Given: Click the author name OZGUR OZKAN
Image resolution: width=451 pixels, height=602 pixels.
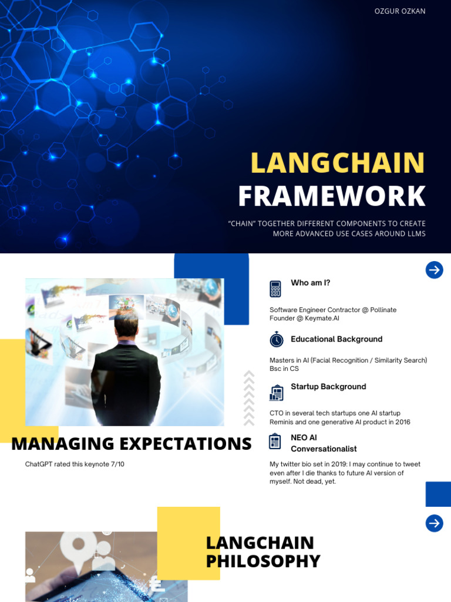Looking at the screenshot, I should pyautogui.click(x=400, y=11).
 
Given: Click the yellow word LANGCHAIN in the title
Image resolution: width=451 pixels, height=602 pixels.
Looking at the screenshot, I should pyautogui.click(x=338, y=163).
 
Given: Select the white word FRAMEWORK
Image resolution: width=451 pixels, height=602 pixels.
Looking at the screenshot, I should pyautogui.click(x=332, y=196).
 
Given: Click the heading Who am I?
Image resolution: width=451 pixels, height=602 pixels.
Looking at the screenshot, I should pyautogui.click(x=310, y=283).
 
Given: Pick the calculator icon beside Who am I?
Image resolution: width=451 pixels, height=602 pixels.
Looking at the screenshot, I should pyautogui.click(x=275, y=289).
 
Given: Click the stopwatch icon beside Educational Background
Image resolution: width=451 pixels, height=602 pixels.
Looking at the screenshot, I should pyautogui.click(x=276, y=339).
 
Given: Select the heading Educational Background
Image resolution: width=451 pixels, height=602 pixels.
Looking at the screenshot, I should pyautogui.click(x=336, y=339).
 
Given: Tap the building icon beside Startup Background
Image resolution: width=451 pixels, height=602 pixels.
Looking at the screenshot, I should pyautogui.click(x=276, y=392).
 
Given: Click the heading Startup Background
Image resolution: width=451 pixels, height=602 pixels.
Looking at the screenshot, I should pyautogui.click(x=328, y=387).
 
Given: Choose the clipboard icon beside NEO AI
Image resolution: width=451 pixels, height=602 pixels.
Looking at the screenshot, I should pyautogui.click(x=275, y=441).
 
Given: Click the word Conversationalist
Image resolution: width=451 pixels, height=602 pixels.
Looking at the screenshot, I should pyautogui.click(x=324, y=449).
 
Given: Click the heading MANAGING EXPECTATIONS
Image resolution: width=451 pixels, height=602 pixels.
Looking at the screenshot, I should pyautogui.click(x=131, y=444).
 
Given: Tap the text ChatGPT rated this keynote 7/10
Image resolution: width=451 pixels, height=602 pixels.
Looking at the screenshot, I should pyautogui.click(x=75, y=464).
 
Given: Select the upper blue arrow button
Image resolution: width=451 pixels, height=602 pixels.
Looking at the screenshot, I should pyautogui.click(x=434, y=270).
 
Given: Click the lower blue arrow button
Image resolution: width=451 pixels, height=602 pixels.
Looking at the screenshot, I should pyautogui.click(x=434, y=523).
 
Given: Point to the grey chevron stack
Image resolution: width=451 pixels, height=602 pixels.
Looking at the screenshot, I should pyautogui.click(x=249, y=397).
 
